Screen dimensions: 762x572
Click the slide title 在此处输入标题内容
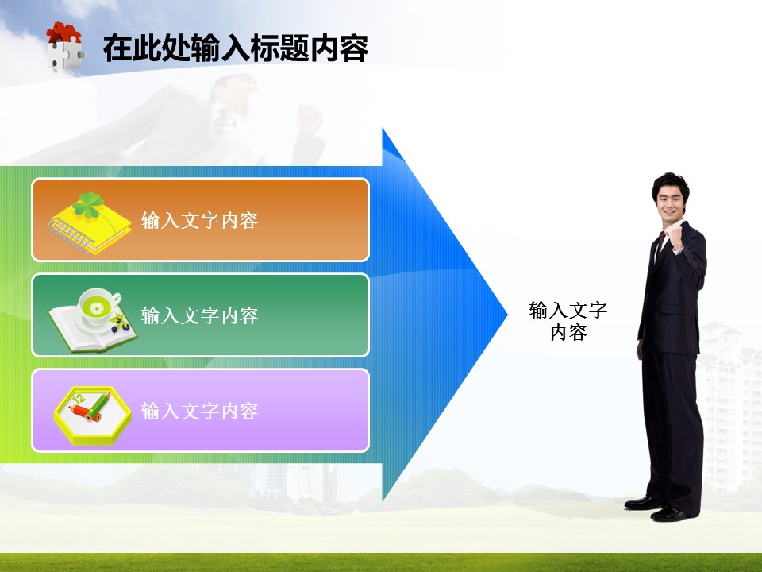tap(236, 48)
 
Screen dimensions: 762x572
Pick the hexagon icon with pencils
tap(92, 415)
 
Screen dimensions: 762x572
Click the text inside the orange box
tap(199, 220)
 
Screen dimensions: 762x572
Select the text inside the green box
tap(199, 315)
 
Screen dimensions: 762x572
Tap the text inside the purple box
tap(199, 411)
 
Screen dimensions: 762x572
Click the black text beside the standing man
tap(568, 321)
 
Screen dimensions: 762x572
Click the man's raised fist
tap(675, 238)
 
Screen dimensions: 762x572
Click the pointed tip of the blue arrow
tap(506, 315)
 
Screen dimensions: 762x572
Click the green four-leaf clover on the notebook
tap(88, 205)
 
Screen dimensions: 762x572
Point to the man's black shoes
tap(660, 508)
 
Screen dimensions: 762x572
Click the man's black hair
tap(670, 184)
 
